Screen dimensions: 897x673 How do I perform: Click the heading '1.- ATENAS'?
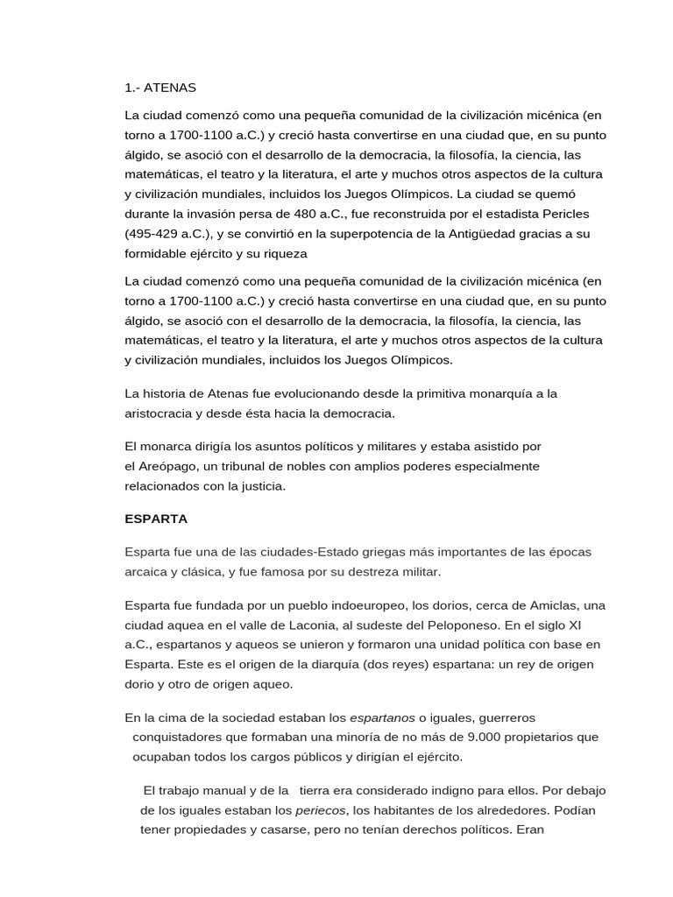(x=160, y=88)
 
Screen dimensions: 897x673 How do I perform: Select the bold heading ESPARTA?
(x=156, y=519)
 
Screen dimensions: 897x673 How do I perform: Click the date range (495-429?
(x=154, y=234)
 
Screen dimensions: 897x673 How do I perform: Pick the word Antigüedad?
(x=454, y=234)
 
